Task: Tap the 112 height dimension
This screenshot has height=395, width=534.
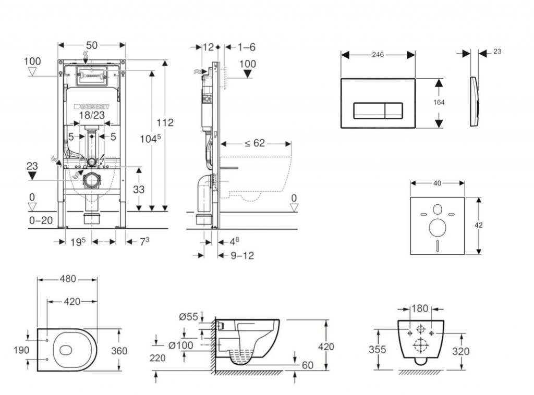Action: pyautogui.click(x=165, y=123)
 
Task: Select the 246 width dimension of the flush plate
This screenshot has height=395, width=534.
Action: pyautogui.click(x=378, y=55)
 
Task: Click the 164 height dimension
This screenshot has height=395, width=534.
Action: pyautogui.click(x=439, y=103)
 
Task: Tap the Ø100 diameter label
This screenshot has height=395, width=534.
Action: pyautogui.click(x=181, y=344)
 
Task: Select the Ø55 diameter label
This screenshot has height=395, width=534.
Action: pyautogui.click(x=188, y=316)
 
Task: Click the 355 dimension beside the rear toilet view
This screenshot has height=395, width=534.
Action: pyautogui.click(x=378, y=349)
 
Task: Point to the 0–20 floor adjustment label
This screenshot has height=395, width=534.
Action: pyautogui.click(x=41, y=220)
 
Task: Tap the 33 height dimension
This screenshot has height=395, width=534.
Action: pyautogui.click(x=138, y=190)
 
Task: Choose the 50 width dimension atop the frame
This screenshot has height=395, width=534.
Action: pyautogui.click(x=92, y=45)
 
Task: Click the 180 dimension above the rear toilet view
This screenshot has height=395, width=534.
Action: pyautogui.click(x=420, y=308)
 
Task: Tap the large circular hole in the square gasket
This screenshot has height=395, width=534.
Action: pyautogui.click(x=437, y=228)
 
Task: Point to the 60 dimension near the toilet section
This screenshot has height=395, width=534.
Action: pyautogui.click(x=308, y=365)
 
